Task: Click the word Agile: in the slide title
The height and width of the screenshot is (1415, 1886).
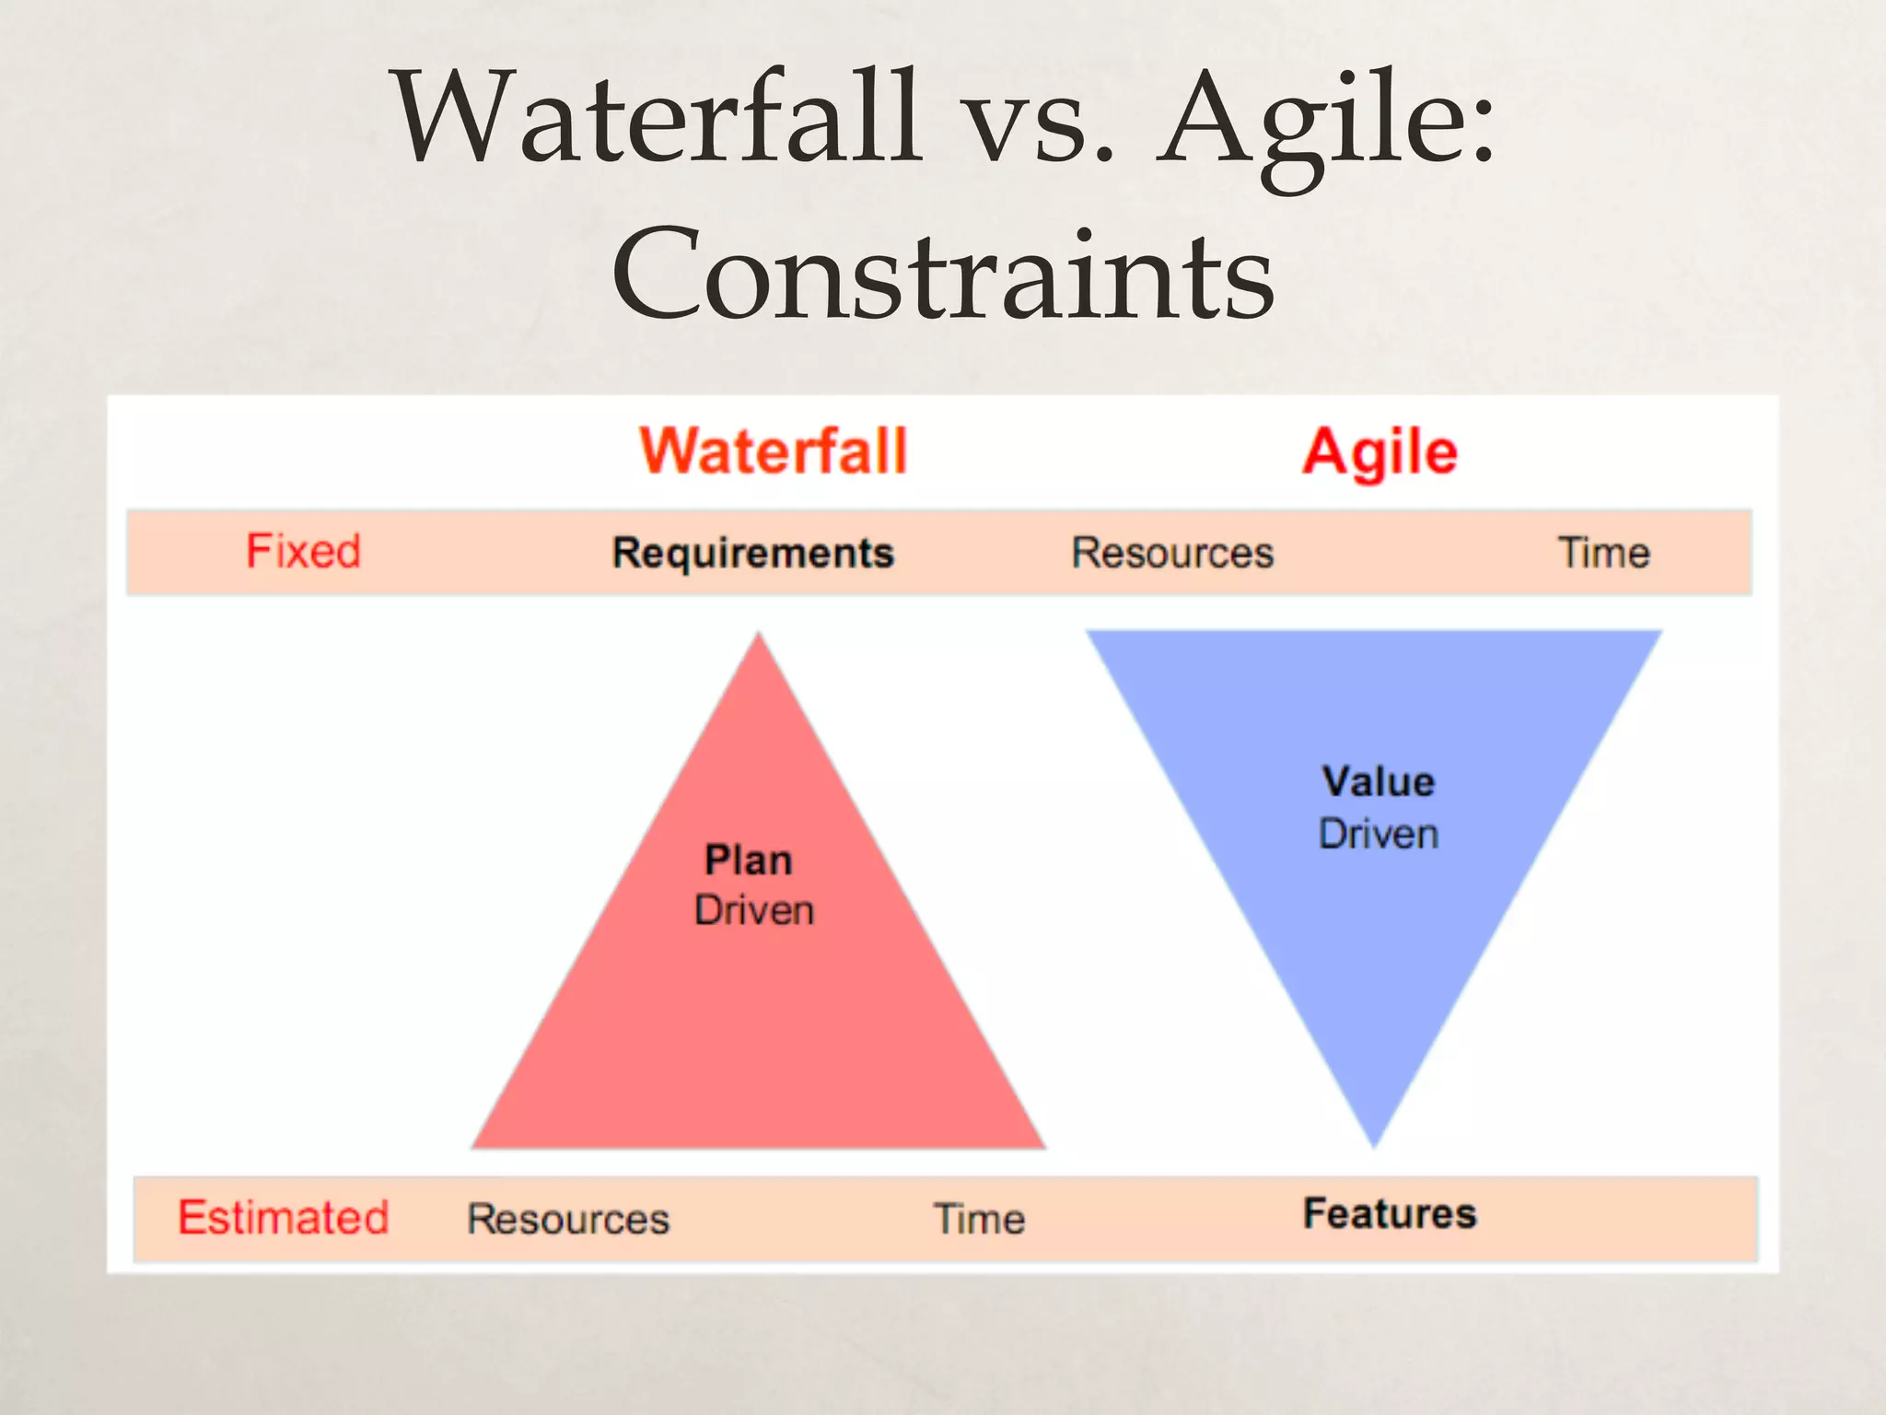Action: (1326, 124)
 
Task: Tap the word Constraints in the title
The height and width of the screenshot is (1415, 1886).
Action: (943, 275)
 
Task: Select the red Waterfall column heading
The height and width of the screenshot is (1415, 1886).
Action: (774, 451)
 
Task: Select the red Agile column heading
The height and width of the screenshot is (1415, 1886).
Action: (1380, 452)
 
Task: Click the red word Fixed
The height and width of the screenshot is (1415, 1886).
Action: (303, 552)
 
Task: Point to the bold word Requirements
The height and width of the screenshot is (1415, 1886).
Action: (753, 553)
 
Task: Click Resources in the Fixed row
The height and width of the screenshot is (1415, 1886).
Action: (1172, 553)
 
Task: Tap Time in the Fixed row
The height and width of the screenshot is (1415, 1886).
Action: (1603, 553)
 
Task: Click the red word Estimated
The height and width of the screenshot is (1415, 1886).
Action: (284, 1217)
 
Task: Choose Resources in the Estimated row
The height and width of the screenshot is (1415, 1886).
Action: (568, 1219)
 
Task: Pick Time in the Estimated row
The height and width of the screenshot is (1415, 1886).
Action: (979, 1219)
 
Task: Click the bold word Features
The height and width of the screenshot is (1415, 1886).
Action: (1390, 1213)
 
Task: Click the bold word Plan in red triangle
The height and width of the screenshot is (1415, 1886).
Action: (748, 860)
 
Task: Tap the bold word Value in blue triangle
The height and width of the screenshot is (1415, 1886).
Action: (1379, 782)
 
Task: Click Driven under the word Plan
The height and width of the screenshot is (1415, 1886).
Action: (754, 910)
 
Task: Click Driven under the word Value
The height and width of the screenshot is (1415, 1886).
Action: (1379, 834)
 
